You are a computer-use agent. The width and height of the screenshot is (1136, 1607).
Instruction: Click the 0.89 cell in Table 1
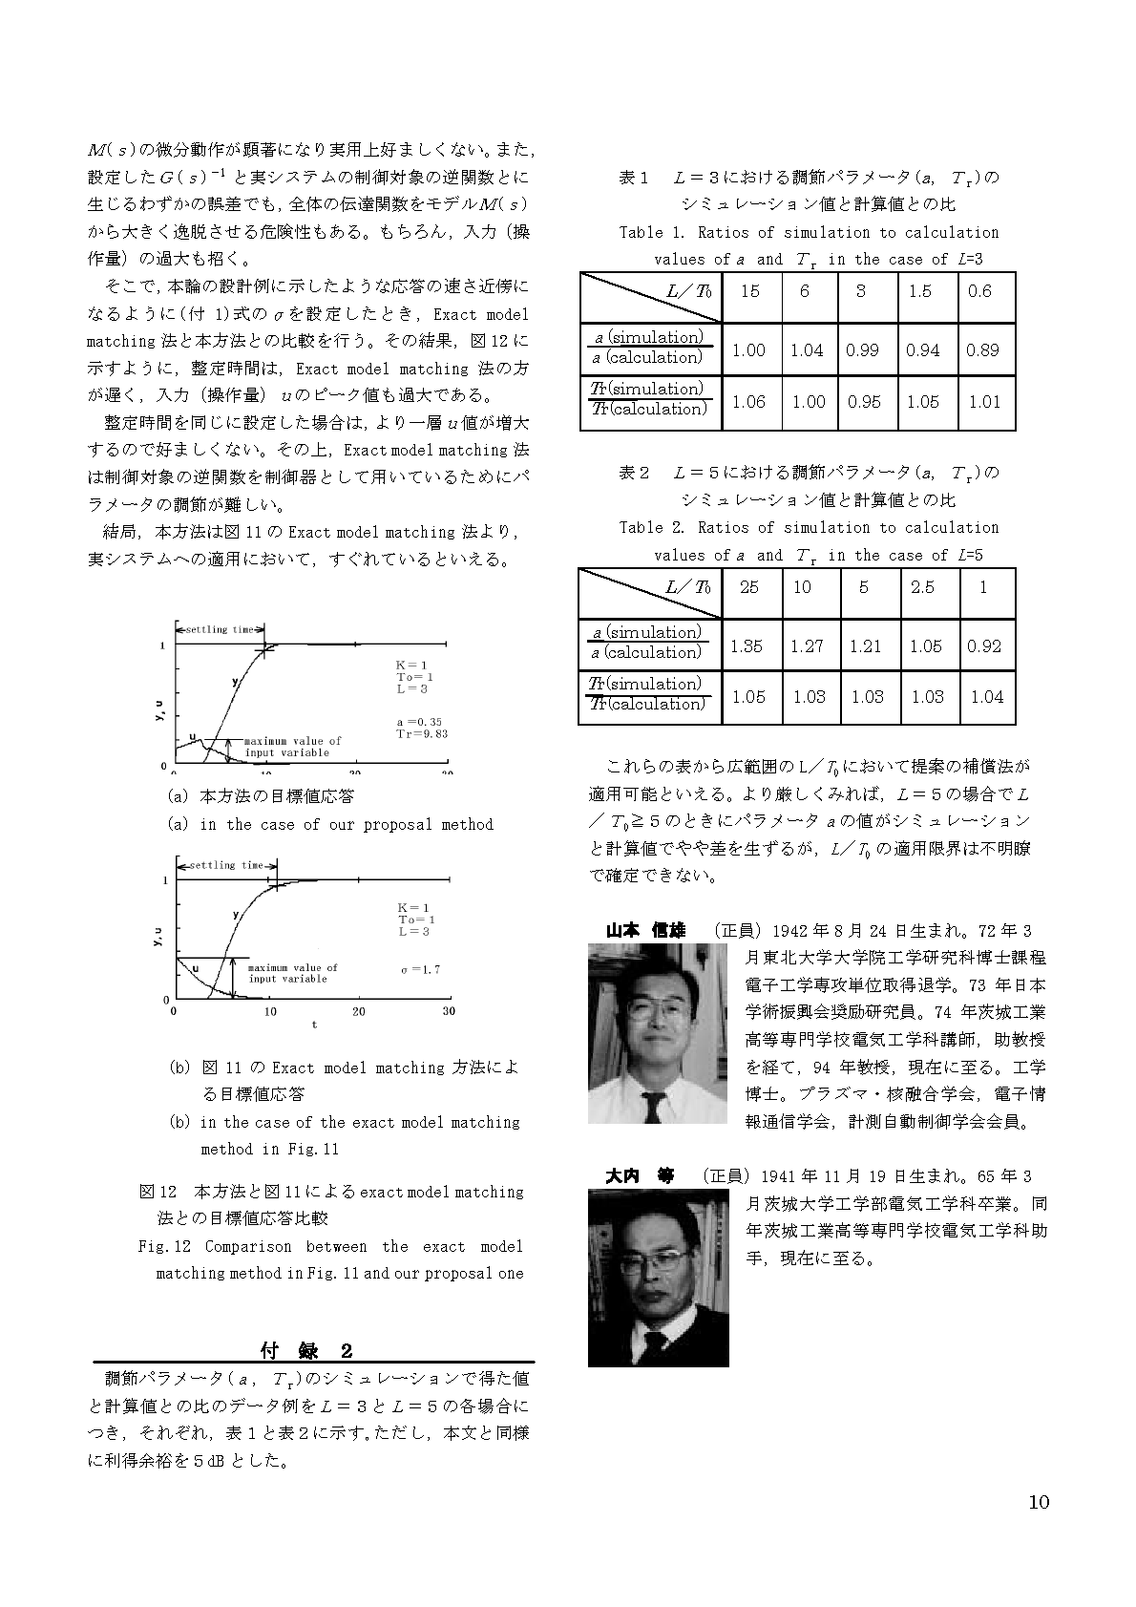pyautogui.click(x=982, y=350)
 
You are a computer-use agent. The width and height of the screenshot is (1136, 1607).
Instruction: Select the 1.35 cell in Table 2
pyautogui.click(x=746, y=646)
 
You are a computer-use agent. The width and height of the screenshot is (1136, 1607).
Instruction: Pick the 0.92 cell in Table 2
pyautogui.click(x=984, y=646)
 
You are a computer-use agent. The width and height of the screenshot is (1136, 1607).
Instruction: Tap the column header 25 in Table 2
pyautogui.click(x=748, y=587)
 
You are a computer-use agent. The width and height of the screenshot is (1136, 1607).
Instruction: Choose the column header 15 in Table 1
pyautogui.click(x=749, y=291)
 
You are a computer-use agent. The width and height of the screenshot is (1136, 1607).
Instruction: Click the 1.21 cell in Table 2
pyautogui.click(x=865, y=646)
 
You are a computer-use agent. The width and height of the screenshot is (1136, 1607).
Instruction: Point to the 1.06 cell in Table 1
pyautogui.click(x=748, y=402)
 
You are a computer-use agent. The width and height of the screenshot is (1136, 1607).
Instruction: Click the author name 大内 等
pyautogui.click(x=639, y=1176)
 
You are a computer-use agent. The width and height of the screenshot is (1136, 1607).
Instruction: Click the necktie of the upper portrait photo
pyautogui.click(x=653, y=1105)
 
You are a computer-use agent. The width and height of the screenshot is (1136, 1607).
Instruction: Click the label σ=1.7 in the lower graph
pyautogui.click(x=420, y=969)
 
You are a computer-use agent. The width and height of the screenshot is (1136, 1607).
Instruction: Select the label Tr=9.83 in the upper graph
pyautogui.click(x=421, y=734)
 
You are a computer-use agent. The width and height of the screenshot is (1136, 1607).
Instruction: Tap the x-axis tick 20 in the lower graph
pyautogui.click(x=359, y=1011)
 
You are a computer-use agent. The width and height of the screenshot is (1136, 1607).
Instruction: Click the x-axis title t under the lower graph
pyautogui.click(x=313, y=1025)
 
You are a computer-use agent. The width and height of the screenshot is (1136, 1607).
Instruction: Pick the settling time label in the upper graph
pyautogui.click(x=220, y=630)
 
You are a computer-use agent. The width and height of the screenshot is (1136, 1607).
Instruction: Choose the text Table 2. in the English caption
pyautogui.click(x=652, y=528)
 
